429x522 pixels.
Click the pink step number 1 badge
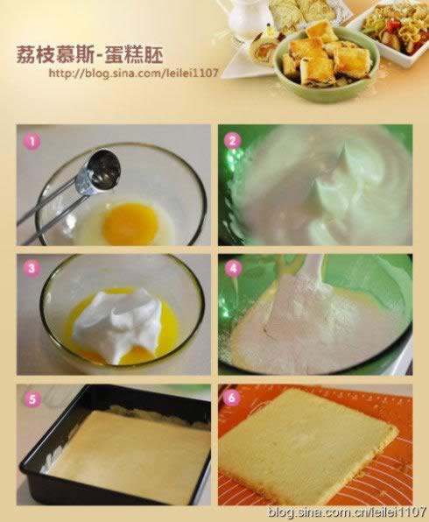click(32, 142)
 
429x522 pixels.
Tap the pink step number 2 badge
click(233, 140)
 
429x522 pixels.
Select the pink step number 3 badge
click(32, 268)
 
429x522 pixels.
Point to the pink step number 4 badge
click(234, 268)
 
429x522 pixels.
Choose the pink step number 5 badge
click(32, 399)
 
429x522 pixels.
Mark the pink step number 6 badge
click(232, 397)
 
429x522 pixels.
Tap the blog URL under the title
click(133, 73)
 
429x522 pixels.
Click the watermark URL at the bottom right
click(347, 511)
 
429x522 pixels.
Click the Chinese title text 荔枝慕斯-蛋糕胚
click(90, 54)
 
